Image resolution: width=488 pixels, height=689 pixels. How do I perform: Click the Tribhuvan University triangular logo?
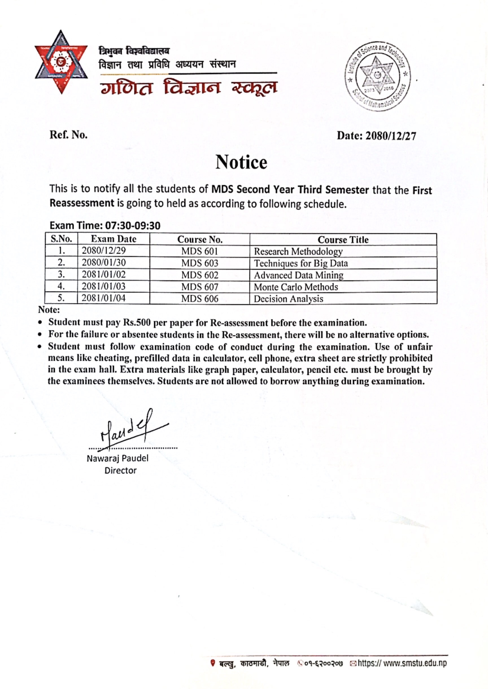pyautogui.click(x=61, y=62)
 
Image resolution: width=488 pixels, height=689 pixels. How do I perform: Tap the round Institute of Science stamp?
pyautogui.click(x=377, y=76)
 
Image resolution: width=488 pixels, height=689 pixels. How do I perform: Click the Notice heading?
pyautogui.click(x=241, y=162)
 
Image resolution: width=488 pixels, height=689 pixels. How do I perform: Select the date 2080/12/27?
pyautogui.click(x=390, y=136)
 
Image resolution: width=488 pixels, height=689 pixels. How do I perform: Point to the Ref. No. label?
pyautogui.click(x=69, y=135)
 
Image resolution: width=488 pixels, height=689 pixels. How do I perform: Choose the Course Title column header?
pyautogui.click(x=343, y=239)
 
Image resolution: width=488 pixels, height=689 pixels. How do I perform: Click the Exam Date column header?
pyautogui.click(x=114, y=239)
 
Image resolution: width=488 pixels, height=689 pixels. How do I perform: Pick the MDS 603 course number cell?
pyautogui.click(x=200, y=263)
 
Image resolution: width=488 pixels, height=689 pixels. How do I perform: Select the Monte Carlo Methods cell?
pyautogui.click(x=296, y=287)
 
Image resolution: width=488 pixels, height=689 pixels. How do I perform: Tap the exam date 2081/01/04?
pyautogui.click(x=104, y=298)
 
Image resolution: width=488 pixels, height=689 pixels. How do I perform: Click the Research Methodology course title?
pyautogui.click(x=298, y=251)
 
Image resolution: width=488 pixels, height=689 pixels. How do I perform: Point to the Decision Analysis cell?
pyautogui.click(x=288, y=299)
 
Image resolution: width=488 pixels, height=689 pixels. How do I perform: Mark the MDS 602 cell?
pyautogui.click(x=200, y=275)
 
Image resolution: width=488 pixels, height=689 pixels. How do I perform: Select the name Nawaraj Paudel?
pyautogui.click(x=117, y=458)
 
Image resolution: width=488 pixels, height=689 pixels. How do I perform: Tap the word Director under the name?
pyautogui.click(x=120, y=471)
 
